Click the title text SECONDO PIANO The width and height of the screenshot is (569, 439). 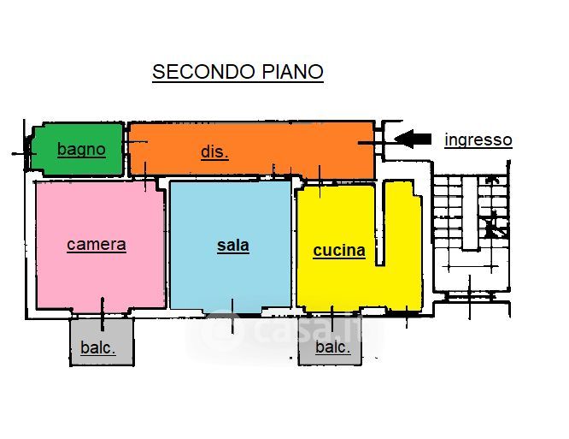click(238, 71)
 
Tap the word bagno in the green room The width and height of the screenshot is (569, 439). click(81, 150)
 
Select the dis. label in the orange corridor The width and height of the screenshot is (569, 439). click(214, 152)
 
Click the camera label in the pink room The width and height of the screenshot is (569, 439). click(97, 245)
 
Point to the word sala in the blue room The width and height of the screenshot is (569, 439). click(232, 246)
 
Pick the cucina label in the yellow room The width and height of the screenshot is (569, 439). click(338, 251)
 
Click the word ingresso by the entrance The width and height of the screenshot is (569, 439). click(478, 139)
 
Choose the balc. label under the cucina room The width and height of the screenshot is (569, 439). click(332, 347)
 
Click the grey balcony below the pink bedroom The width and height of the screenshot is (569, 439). click(103, 338)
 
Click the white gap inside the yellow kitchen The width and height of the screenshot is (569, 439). click(380, 222)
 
